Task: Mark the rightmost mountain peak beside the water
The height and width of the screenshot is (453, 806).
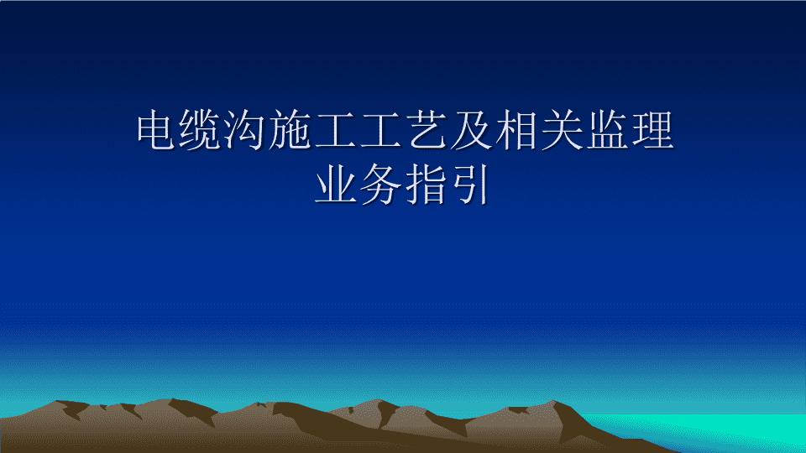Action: point(553,402)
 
